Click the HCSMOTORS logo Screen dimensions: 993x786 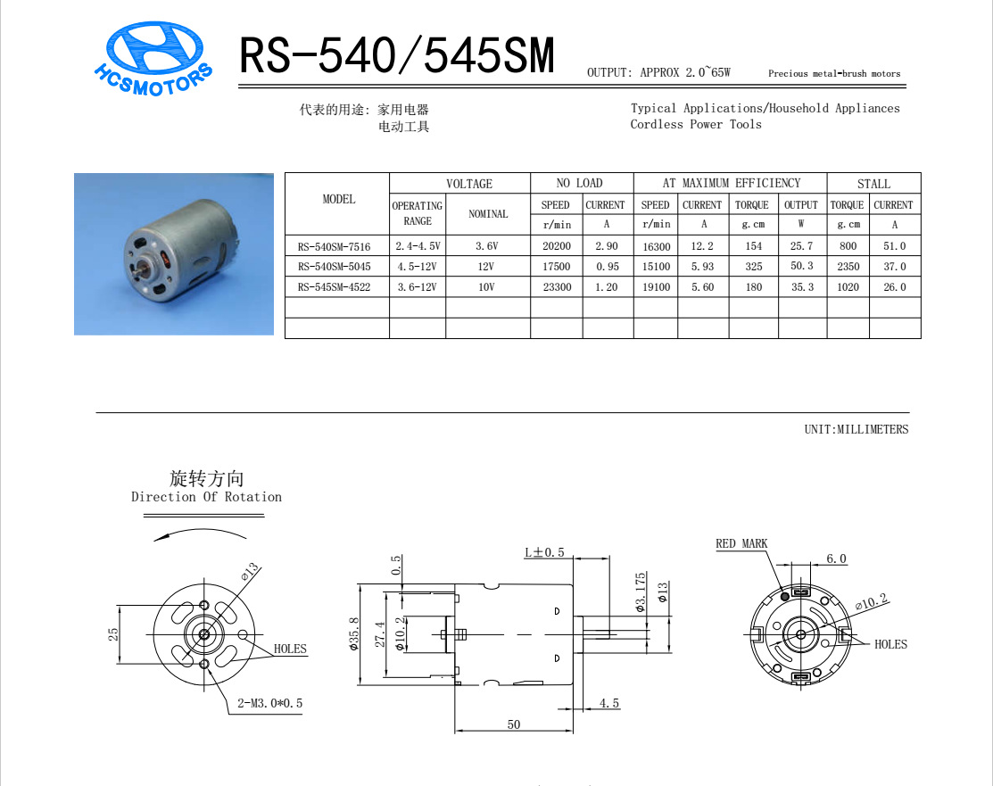click(x=153, y=59)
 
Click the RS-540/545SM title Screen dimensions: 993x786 click(x=397, y=55)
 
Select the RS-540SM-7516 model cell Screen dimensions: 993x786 click(x=334, y=246)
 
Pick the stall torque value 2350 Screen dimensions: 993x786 click(x=848, y=267)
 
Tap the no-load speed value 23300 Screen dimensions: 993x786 click(x=557, y=287)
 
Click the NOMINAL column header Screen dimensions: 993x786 click(x=488, y=214)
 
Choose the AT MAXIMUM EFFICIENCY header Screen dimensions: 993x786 click(x=732, y=183)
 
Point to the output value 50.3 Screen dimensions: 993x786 click(x=802, y=266)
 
